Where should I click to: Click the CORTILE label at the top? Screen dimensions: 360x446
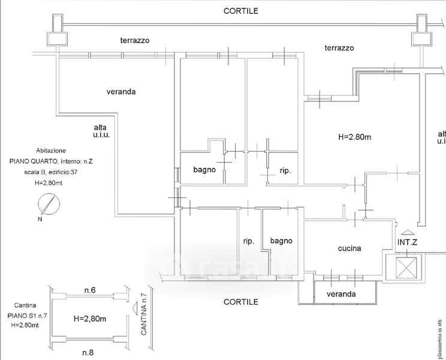240,11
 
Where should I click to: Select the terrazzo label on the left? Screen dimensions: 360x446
134,40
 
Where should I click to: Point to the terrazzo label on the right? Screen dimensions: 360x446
339,48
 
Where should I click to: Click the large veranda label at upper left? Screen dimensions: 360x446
121,92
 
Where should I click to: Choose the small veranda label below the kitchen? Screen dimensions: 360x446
341,294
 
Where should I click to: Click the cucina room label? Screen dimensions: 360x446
349,249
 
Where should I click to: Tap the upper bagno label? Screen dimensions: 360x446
204,170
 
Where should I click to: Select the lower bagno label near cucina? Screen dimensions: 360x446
281,241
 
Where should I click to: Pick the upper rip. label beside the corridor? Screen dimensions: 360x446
285,171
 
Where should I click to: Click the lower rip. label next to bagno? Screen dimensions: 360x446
249,241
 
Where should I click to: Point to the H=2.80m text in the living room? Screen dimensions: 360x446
355,137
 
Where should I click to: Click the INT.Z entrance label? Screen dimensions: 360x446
408,243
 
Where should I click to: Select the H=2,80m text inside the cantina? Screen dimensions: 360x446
89,319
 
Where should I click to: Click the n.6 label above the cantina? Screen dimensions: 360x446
90,290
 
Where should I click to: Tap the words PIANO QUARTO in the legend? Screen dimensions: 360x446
29,161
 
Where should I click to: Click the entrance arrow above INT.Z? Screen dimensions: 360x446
407,233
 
